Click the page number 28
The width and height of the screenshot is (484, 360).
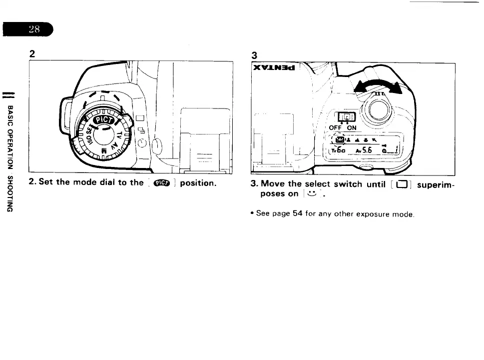pyautogui.click(x=34, y=29)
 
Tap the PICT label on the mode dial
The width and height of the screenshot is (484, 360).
pyautogui.click(x=104, y=119)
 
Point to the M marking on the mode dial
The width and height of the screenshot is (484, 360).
pyautogui.click(x=104, y=151)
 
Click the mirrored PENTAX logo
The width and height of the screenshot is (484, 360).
pyautogui.click(x=274, y=67)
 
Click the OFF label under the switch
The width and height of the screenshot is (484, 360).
pyautogui.click(x=335, y=127)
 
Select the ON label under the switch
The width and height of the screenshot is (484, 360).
pyautogui.click(x=352, y=127)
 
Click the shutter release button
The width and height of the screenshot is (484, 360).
pyautogui.click(x=378, y=109)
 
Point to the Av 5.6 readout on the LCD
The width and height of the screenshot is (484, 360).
pyautogui.click(x=364, y=150)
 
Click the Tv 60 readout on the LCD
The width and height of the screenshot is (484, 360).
pyautogui.click(x=338, y=150)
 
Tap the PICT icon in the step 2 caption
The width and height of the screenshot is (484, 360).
pyautogui.click(x=162, y=183)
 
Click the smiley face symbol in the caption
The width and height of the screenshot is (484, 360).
pyautogui.click(x=312, y=194)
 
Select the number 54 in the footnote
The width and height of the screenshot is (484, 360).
pyautogui.click(x=298, y=213)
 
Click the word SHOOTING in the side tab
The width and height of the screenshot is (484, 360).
pyautogui.click(x=10, y=194)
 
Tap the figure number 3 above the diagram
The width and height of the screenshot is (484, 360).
pyautogui.click(x=254, y=55)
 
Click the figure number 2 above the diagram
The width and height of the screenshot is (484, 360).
pyautogui.click(x=32, y=54)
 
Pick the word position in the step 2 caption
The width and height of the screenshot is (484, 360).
pyautogui.click(x=198, y=183)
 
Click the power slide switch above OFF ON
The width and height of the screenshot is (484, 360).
pyautogui.click(x=347, y=117)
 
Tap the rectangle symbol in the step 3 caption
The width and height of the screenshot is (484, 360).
pyautogui.click(x=401, y=184)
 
